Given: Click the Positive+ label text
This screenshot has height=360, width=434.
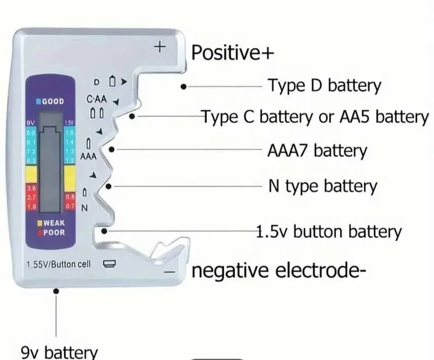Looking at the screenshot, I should [232, 53].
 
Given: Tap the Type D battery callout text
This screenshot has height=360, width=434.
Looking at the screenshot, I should [324, 85].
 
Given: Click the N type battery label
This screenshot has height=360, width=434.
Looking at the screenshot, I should [322, 186].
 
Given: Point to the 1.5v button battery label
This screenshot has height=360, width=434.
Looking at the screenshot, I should [329, 232].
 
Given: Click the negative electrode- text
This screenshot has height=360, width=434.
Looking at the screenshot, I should [278, 271].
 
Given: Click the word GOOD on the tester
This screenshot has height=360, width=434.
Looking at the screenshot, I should [53, 101].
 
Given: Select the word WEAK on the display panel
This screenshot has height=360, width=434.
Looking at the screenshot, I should [53, 223].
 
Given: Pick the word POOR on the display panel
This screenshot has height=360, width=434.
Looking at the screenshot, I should [54, 232].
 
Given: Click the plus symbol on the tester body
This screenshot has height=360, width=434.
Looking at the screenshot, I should [160, 47].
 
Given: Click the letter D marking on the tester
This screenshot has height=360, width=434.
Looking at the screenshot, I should [96, 82].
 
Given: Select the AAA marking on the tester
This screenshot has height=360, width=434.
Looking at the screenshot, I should [88, 156].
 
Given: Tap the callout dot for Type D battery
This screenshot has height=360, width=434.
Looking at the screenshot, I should [183, 85].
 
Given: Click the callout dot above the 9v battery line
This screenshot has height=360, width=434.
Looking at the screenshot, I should [56, 291].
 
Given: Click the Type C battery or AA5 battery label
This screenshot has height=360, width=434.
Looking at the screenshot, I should [315, 117].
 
